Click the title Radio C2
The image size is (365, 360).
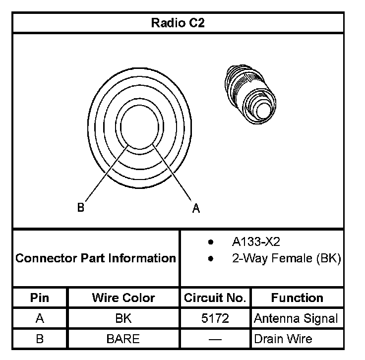tap(178, 23)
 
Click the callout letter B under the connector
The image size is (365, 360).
tap(80, 207)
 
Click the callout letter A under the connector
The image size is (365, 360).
tap(196, 208)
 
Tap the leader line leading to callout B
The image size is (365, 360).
tap(107, 173)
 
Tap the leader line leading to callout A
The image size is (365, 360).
tap(172, 172)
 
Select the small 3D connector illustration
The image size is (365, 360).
tap(250, 95)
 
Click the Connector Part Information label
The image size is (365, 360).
tap(96, 258)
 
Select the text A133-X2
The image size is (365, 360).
tap(256, 241)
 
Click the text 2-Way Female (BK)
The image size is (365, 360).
tap(286, 258)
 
